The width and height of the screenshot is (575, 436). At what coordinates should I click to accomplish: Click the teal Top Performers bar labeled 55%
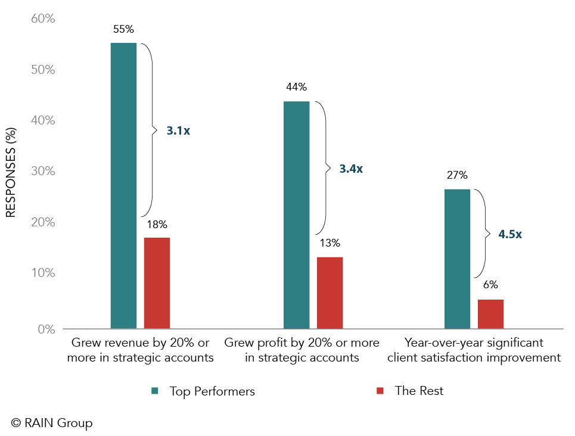point(123,185)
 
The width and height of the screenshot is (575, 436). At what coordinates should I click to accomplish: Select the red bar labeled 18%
point(157,283)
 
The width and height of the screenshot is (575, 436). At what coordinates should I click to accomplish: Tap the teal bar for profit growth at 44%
point(296,214)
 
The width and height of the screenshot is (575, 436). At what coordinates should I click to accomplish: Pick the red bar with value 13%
point(330,292)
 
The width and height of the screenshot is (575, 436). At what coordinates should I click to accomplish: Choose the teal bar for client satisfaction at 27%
point(457,259)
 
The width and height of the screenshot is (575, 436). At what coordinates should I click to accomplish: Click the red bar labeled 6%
point(490,314)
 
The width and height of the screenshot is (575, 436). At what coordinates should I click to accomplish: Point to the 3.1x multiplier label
point(178,130)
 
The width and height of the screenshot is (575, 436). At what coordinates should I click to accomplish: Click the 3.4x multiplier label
point(351,169)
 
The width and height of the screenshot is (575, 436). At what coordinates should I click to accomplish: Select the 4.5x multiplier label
point(510,234)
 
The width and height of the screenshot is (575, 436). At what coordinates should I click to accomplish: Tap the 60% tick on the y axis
point(42,19)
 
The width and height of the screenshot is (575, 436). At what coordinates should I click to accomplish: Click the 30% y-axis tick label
point(42,172)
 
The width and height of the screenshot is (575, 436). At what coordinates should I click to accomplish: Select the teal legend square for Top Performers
point(155,391)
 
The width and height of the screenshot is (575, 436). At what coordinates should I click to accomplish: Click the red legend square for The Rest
point(380,391)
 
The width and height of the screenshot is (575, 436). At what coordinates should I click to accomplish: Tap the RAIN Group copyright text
point(52,423)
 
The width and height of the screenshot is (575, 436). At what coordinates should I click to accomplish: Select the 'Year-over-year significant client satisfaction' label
point(474,350)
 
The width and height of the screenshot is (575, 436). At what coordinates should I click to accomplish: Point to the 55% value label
point(123,29)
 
